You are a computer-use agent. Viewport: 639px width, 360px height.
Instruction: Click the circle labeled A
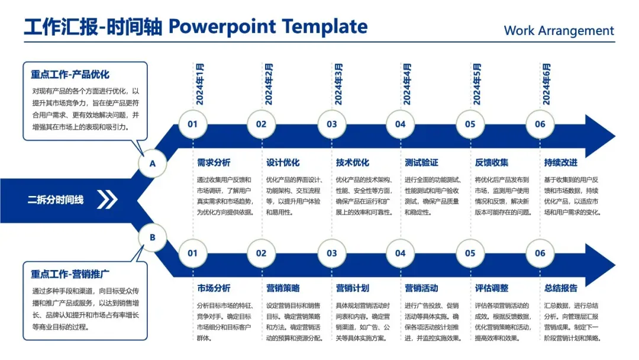tap(153, 164)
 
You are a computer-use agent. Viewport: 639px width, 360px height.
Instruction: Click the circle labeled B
tap(153, 237)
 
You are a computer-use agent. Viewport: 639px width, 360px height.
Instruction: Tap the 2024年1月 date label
tap(200, 83)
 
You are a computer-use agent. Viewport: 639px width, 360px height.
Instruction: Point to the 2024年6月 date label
tap(546, 83)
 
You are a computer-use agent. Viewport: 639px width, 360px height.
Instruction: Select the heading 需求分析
tap(214, 162)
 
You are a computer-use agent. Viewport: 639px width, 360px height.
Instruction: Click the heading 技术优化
tap(352, 162)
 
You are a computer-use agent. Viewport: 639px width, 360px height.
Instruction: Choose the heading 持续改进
tap(560, 162)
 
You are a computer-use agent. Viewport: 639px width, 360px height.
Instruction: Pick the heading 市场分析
tap(214, 288)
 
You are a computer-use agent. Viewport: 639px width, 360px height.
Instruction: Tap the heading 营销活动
tap(421, 288)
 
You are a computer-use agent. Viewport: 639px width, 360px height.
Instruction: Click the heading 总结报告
tap(560, 288)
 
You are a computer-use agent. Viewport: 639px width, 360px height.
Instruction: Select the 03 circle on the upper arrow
tap(331, 124)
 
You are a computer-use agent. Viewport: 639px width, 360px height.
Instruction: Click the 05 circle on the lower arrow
tap(470, 253)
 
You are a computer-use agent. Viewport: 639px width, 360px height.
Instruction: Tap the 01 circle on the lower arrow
tap(193, 253)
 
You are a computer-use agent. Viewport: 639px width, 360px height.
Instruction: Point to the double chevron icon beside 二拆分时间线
tap(107, 200)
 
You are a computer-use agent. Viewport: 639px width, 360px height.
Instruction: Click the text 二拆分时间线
tap(56, 200)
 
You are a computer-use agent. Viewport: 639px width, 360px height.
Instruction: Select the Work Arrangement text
tap(559, 31)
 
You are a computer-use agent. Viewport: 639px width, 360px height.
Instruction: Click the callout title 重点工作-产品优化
tap(70, 75)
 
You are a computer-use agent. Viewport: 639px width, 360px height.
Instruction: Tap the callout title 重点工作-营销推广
tap(70, 274)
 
